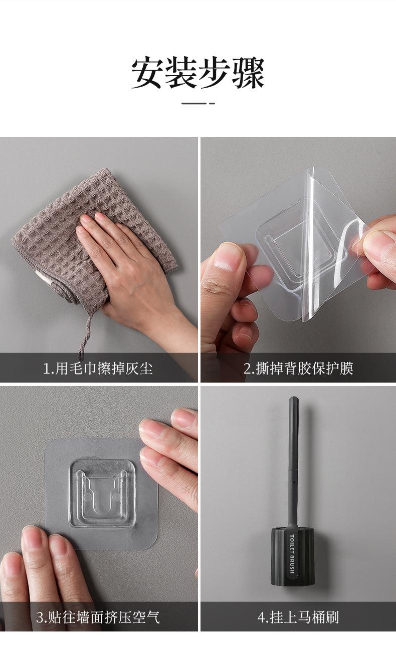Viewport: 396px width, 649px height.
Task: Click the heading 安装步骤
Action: pos(198,73)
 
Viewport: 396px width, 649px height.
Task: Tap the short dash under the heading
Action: pos(198,103)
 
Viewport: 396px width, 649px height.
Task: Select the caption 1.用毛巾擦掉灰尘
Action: pos(98,369)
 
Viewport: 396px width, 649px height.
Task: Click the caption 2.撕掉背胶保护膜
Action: pos(298,369)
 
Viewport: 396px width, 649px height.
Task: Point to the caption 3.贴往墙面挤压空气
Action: pos(98,617)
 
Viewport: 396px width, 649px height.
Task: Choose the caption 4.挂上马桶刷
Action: pos(298,617)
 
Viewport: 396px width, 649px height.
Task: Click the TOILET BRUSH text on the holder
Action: pos(292,554)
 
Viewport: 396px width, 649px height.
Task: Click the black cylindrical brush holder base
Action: pos(292,556)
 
